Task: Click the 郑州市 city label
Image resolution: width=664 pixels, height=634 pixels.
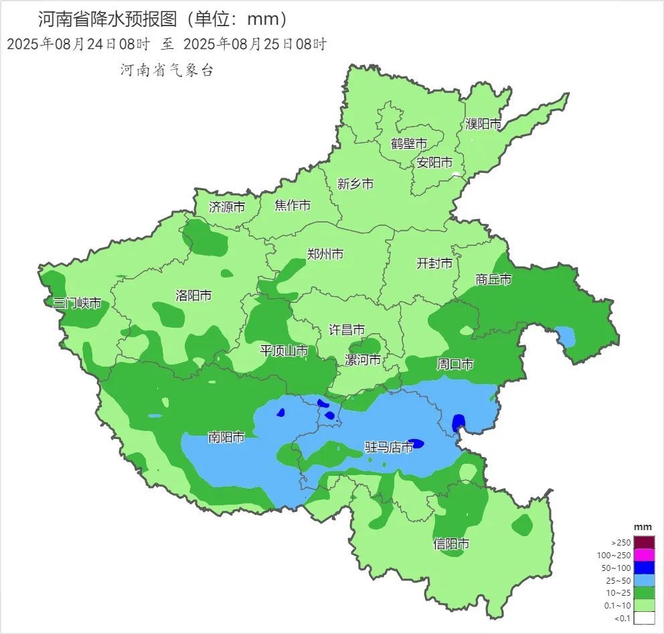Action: click(325, 255)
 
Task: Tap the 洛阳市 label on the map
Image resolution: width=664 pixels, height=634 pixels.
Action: click(193, 296)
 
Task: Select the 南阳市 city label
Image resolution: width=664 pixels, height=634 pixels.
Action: click(226, 438)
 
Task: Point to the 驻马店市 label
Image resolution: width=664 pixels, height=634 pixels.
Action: click(388, 447)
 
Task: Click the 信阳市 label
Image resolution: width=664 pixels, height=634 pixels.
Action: click(451, 544)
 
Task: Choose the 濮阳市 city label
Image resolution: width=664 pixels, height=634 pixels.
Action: click(483, 124)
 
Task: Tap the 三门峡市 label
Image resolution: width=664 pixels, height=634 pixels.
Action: click(78, 304)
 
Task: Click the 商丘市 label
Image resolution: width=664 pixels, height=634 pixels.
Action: click(493, 279)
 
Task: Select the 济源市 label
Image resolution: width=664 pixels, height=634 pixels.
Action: click(227, 207)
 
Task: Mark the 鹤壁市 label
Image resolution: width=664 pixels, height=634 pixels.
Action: click(409, 144)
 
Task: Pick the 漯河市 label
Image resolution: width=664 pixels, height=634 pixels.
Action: click(363, 360)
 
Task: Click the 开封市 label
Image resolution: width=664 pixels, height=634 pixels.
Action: click(434, 263)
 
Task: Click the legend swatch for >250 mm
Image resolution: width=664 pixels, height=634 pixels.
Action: click(644, 542)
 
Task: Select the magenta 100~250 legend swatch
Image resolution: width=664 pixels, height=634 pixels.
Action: click(644, 555)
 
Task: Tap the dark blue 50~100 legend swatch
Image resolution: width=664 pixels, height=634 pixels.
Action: click(644, 567)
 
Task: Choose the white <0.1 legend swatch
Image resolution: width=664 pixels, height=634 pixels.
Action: click(644, 618)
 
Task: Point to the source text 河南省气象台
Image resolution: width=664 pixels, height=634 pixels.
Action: click(167, 70)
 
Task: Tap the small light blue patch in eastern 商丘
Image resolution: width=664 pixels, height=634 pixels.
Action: click(566, 335)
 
